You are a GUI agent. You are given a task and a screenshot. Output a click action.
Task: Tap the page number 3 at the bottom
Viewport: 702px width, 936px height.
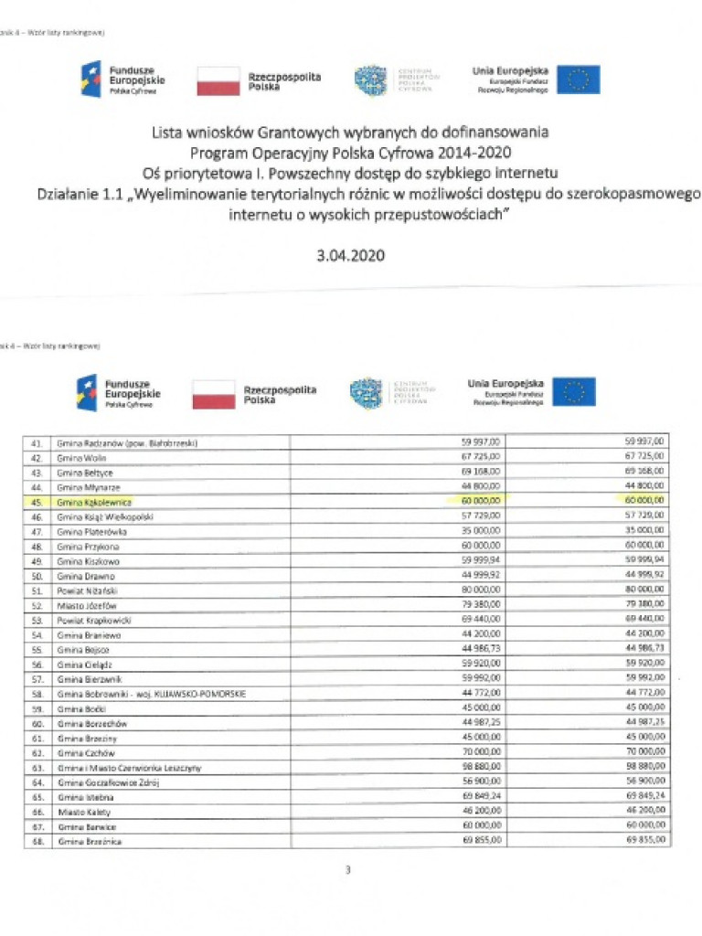(x=348, y=869)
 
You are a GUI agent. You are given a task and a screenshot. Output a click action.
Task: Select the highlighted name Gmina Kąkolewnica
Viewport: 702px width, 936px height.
(x=94, y=502)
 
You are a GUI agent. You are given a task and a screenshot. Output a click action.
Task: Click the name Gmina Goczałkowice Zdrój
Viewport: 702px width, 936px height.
(x=106, y=782)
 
